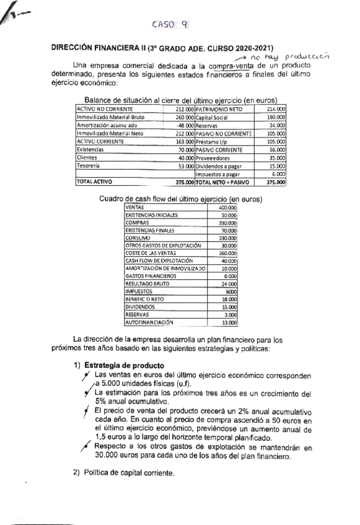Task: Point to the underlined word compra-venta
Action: [232, 64]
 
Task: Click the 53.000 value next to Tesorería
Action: [185, 165]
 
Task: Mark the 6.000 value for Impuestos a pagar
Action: [278, 174]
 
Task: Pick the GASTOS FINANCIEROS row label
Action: [149, 276]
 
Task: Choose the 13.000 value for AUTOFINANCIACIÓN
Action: [229, 322]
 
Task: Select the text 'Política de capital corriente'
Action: [129, 474]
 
